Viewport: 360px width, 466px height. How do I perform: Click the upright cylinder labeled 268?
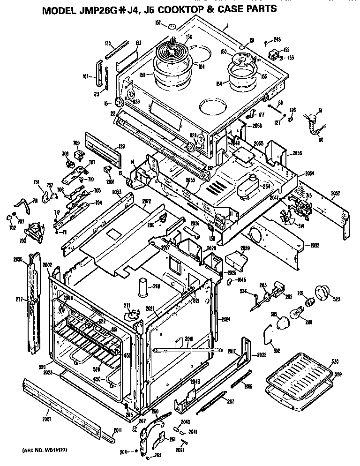click(x=142, y=287)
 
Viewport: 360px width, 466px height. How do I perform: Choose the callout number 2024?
click(x=226, y=320)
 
